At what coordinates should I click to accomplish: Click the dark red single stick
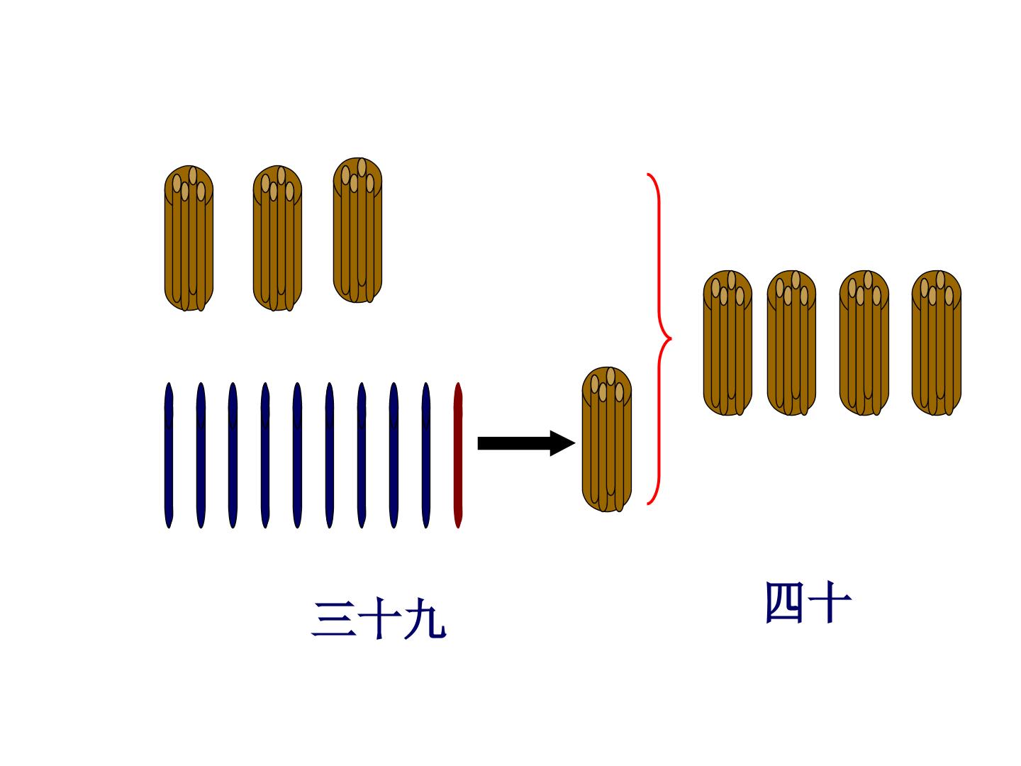click(x=458, y=455)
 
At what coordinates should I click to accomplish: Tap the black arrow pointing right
click(x=526, y=443)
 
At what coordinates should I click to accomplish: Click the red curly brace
click(x=659, y=339)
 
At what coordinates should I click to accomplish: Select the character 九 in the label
click(x=425, y=619)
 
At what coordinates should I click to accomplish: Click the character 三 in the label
click(x=333, y=619)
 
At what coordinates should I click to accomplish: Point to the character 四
click(x=784, y=602)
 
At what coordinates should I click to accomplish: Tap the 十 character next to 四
click(x=830, y=602)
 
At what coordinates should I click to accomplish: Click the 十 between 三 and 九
click(x=380, y=618)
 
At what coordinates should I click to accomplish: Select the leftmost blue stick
click(x=169, y=455)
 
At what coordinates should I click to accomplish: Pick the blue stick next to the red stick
click(x=425, y=455)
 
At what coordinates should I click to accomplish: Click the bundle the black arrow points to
click(x=606, y=440)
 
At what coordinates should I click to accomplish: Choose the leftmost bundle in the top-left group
click(x=189, y=238)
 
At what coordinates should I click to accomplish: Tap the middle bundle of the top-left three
click(x=277, y=238)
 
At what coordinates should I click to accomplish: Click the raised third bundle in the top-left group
click(x=357, y=231)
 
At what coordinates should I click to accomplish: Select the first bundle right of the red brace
click(x=727, y=343)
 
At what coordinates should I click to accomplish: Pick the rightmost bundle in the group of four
click(x=937, y=343)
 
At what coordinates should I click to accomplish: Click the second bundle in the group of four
click(x=791, y=343)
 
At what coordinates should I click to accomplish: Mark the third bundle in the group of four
click(x=864, y=343)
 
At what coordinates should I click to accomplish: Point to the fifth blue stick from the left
click(x=297, y=455)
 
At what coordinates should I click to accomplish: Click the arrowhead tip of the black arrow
click(x=576, y=443)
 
